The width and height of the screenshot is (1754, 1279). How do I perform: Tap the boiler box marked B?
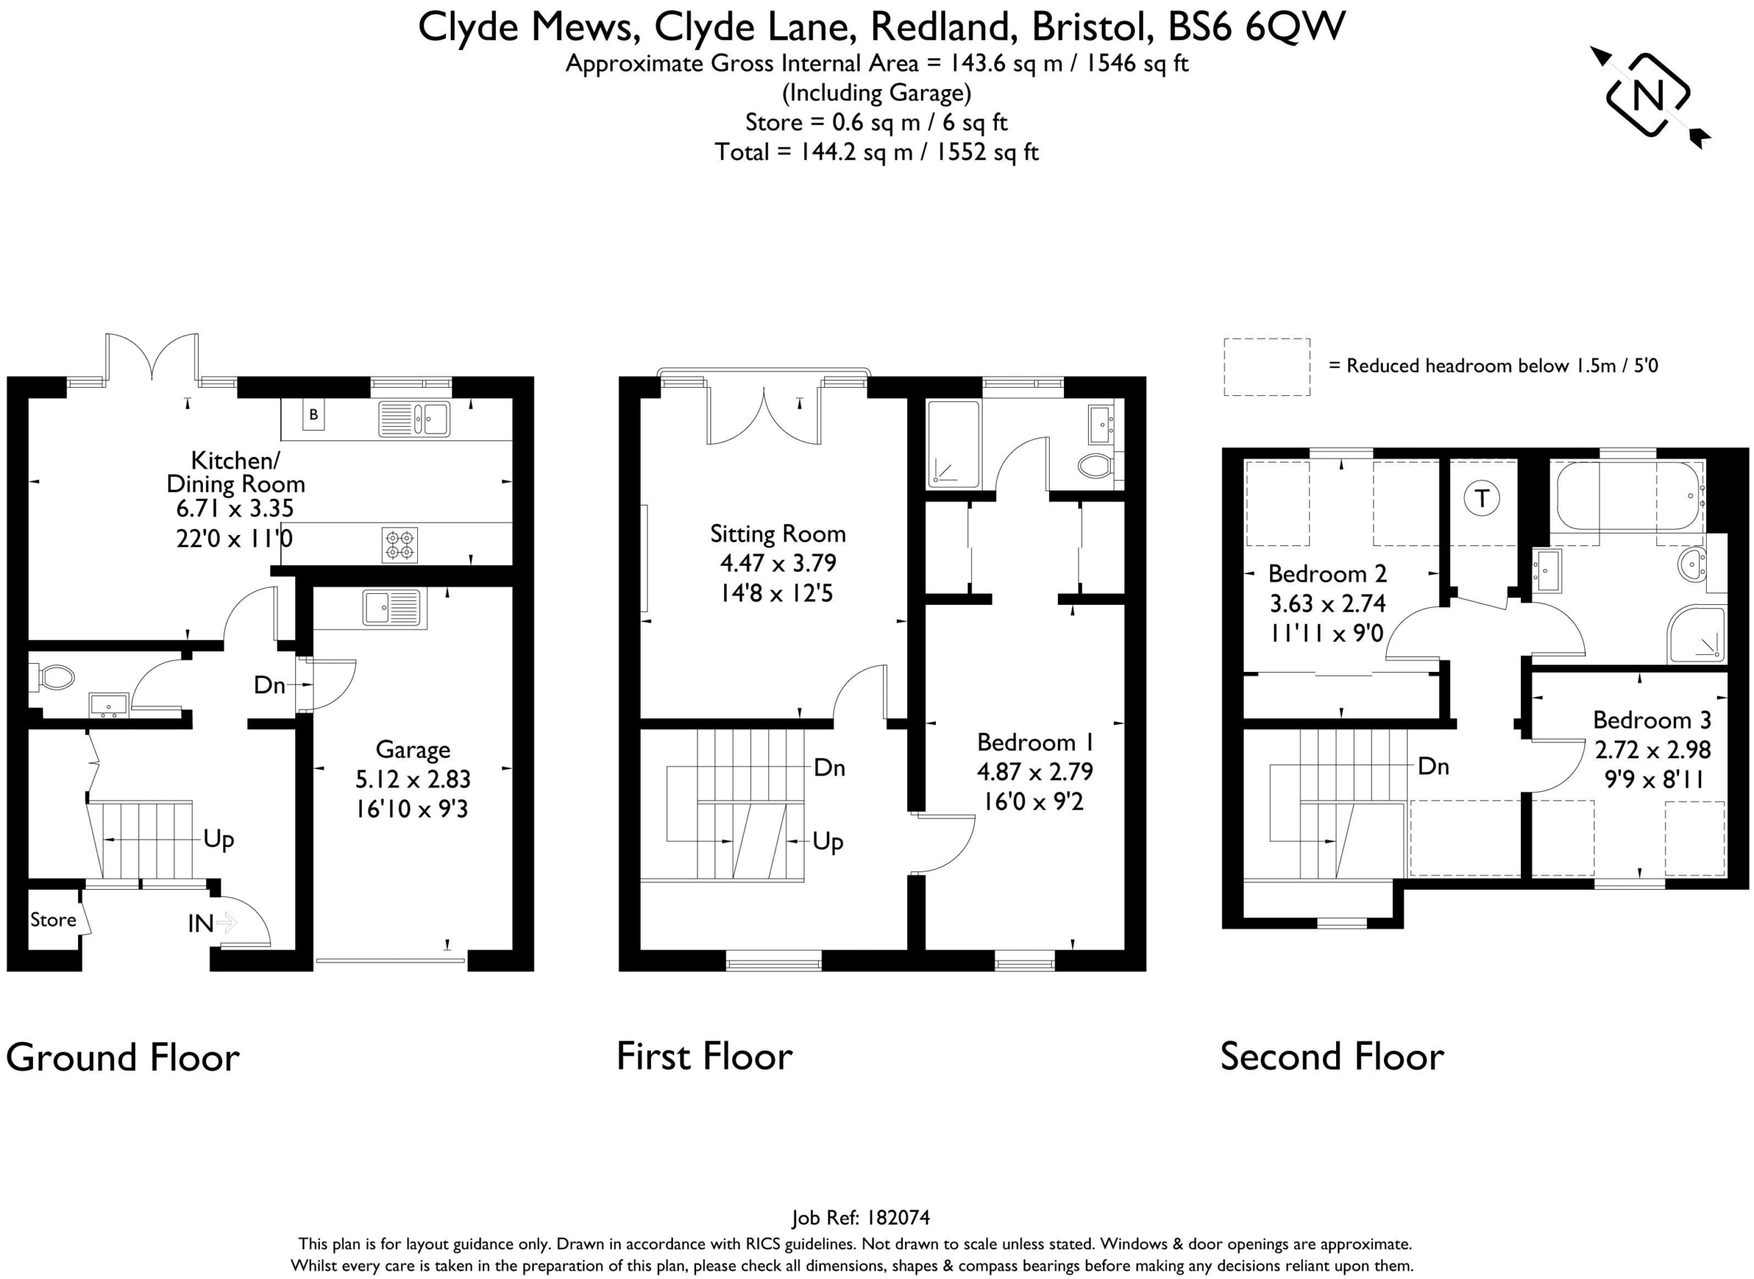point(314,415)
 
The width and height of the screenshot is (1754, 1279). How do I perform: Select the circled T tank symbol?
point(1482,498)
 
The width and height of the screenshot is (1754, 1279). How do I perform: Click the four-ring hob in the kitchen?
point(399,544)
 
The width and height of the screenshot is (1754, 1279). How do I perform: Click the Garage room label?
point(412,749)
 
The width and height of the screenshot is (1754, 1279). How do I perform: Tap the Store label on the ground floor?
point(53,920)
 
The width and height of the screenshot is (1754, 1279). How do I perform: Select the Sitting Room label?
point(778,534)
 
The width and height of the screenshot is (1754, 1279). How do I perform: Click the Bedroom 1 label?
point(1035,742)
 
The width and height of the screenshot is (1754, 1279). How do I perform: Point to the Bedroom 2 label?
point(1327,573)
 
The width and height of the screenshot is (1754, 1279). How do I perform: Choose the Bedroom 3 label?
point(1652,720)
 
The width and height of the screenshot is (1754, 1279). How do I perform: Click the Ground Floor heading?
point(123,1058)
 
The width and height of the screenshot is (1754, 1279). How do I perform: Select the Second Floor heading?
point(1332,1057)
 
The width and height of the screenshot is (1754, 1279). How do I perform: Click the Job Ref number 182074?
point(898,1218)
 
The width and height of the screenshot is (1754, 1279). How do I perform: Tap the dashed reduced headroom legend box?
point(1267,367)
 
